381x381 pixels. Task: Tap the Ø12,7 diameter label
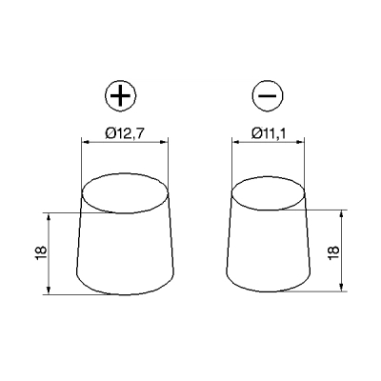[x=125, y=133]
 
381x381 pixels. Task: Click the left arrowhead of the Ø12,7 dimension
[x=86, y=142]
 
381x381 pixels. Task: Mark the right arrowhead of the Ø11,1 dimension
[x=309, y=142]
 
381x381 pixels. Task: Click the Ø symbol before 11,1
[x=256, y=133]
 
